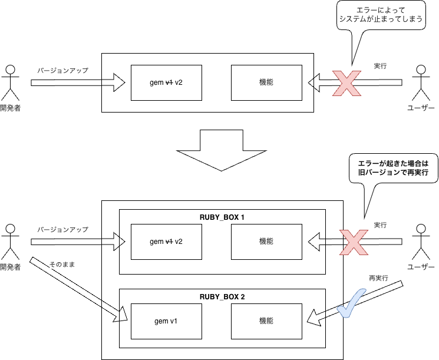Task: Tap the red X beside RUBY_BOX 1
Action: [x=354, y=242]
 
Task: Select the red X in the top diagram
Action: [x=346, y=83]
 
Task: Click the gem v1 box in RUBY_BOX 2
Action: [x=166, y=321]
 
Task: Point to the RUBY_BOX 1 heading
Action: [x=222, y=217]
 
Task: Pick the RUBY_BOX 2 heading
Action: [x=222, y=297]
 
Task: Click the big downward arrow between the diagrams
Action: [x=221, y=150]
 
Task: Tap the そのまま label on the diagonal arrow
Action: [x=62, y=265]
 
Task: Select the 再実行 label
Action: [x=378, y=278]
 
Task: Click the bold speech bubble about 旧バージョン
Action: [x=394, y=168]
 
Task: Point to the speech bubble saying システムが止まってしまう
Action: [x=381, y=15]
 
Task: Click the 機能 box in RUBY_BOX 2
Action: [x=266, y=321]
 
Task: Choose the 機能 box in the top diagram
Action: [x=266, y=82]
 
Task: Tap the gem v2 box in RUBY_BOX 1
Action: [x=166, y=242]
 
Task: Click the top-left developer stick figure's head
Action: [x=11, y=70]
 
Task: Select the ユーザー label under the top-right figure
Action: [x=421, y=108]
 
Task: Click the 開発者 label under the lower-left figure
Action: [x=11, y=267]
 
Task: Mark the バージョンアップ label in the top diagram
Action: [x=62, y=70]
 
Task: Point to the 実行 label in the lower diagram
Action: [x=380, y=225]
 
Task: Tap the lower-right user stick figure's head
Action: [x=421, y=229]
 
